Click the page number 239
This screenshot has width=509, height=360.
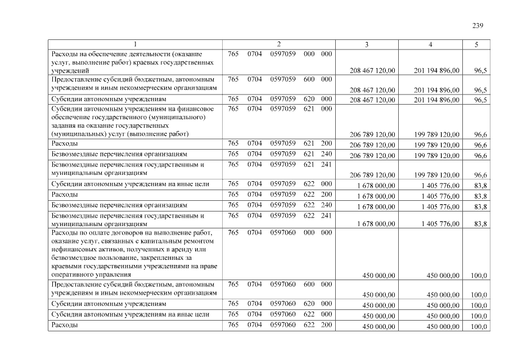pos(478,25)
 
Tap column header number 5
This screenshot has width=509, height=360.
pos(476,45)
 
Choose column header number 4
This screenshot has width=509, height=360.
pos(430,45)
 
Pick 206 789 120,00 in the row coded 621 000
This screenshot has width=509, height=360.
pos(372,135)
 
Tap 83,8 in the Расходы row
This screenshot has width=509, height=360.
pos(480,196)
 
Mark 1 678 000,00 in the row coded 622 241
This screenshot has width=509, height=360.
pos(376,224)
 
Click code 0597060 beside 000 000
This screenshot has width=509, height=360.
pos(283,232)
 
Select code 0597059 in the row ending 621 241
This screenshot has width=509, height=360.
pos(283,165)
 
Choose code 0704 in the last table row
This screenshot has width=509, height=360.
pos(255,325)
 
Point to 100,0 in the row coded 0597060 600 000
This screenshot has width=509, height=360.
pos(479,294)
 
